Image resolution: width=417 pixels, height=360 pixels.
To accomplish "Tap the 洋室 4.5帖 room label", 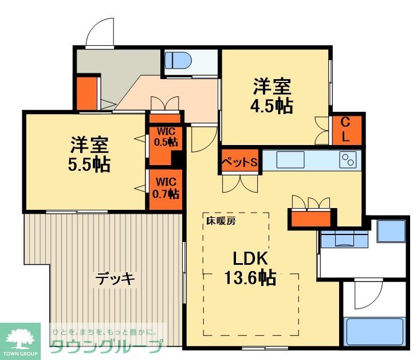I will pos(273,96).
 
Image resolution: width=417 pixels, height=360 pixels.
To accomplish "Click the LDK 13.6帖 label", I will pos(250,267).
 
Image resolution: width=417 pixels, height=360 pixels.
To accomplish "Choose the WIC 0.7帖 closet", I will pos(165,186).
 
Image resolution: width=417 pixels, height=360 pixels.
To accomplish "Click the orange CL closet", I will pos(347,130).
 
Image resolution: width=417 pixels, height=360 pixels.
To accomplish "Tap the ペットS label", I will pos(240,162).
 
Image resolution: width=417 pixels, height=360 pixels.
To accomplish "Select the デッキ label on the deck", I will pos(115,279).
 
